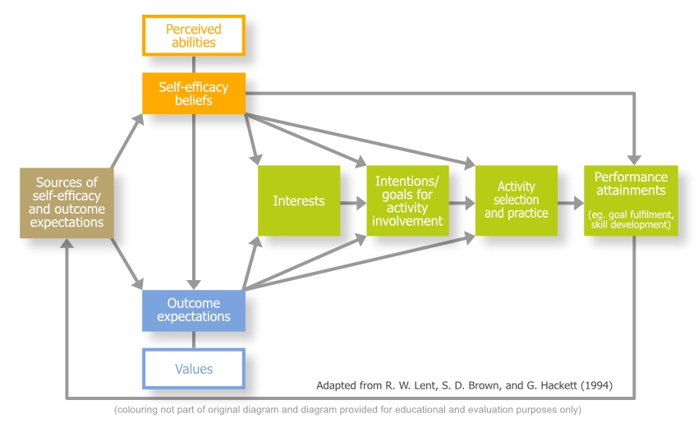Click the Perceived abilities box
click(x=193, y=35)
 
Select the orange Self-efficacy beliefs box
click(x=193, y=94)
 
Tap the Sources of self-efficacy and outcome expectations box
click(x=67, y=203)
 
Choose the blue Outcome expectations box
click(x=193, y=310)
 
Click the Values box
click(x=193, y=369)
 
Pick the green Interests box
click(x=299, y=200)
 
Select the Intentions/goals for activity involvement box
click(x=407, y=200)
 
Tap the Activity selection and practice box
click(x=516, y=200)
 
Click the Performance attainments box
click(x=631, y=200)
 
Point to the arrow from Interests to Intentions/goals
click(x=353, y=201)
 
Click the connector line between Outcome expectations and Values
click(x=193, y=340)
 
